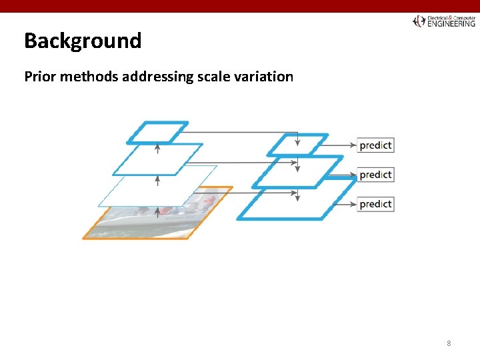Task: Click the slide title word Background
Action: click(x=83, y=41)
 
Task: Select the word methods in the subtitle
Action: click(x=86, y=77)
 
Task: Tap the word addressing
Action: click(x=157, y=77)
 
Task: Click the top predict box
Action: click(x=375, y=145)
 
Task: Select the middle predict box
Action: click(x=375, y=175)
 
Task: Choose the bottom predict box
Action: click(x=375, y=204)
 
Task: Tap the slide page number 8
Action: click(x=449, y=343)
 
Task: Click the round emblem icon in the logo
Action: click(x=419, y=21)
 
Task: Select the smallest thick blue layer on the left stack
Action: click(x=158, y=132)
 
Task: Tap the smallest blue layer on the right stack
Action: click(x=297, y=144)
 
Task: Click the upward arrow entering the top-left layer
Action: click(x=158, y=148)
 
